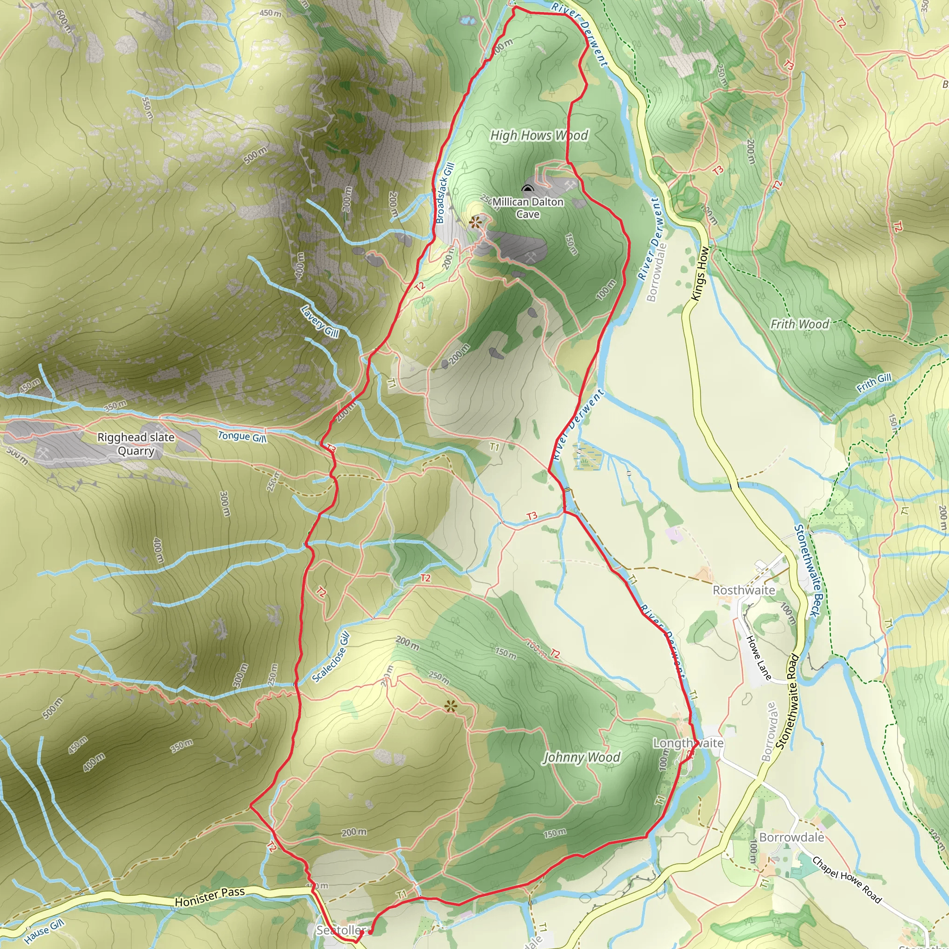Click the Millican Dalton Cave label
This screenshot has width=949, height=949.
(x=528, y=208)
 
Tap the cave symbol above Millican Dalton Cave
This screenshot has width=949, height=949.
(x=527, y=189)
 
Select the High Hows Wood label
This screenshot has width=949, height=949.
(x=539, y=135)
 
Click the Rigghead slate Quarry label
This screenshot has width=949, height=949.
(x=136, y=443)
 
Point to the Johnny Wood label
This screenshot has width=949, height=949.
(x=581, y=757)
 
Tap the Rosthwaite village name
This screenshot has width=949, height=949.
(x=744, y=590)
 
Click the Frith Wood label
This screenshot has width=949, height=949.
(x=800, y=324)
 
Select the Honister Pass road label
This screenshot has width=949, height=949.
(x=210, y=897)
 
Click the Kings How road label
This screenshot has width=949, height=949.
(x=700, y=273)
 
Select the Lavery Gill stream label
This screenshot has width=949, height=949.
(x=320, y=322)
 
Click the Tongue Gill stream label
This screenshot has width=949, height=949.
(x=242, y=436)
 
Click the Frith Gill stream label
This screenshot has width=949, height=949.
(x=874, y=383)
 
